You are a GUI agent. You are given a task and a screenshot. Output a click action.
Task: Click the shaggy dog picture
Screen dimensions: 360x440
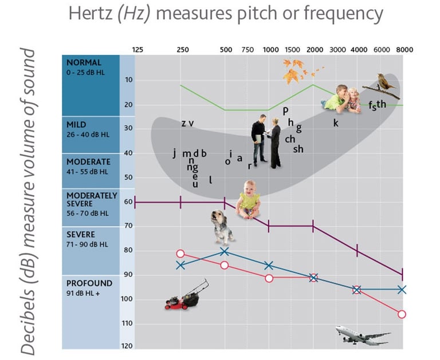(x=222, y=226)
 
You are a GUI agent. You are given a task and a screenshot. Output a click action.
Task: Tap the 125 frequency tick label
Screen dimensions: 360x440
(x=137, y=50)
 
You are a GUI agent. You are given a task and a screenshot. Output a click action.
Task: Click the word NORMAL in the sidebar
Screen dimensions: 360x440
(x=84, y=62)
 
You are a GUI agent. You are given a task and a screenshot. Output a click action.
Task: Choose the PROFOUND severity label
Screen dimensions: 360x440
(x=89, y=283)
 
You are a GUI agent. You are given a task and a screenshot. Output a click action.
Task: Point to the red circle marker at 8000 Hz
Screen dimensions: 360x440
(x=402, y=314)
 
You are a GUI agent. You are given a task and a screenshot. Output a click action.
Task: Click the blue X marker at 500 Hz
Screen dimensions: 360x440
(x=225, y=251)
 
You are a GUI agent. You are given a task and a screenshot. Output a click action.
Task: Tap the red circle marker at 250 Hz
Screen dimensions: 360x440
(x=180, y=254)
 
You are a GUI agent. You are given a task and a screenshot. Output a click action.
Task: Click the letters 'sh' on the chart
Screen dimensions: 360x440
(x=298, y=149)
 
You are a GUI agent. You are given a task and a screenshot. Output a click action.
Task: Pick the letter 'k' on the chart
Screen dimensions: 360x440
(x=336, y=122)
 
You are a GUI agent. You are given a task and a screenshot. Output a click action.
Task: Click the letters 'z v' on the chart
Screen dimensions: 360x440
(x=187, y=123)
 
